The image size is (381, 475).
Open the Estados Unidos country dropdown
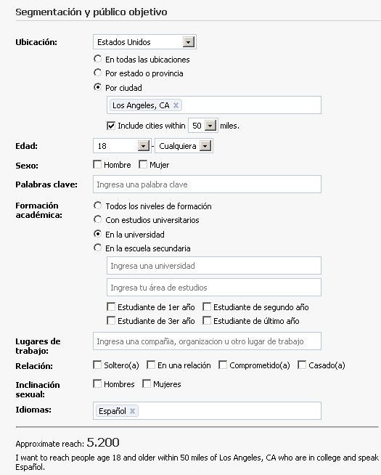pos(189,42)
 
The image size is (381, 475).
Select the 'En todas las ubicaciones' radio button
pos(98,59)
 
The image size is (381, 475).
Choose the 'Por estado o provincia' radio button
pos(98,73)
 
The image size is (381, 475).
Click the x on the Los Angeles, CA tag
pos(176,105)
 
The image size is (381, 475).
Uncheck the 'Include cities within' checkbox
pos(110,125)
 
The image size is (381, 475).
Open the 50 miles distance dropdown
pos(210,126)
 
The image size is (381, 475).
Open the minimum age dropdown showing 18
pos(143,146)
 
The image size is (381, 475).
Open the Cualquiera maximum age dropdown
pos(205,146)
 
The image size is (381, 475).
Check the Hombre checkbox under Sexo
pos(98,165)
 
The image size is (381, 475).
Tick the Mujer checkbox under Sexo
pos(143,165)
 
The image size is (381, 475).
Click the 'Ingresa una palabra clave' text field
pos(207,184)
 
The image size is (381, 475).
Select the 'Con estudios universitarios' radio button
pos(98,219)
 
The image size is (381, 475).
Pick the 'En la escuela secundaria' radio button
pos(98,248)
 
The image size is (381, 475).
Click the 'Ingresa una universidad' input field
pos(213,267)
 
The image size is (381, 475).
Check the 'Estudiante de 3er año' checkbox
pos(111,320)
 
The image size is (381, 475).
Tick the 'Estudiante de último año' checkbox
pos(207,320)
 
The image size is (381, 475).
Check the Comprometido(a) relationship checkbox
pos(223,365)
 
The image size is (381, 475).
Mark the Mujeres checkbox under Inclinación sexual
pos(146,383)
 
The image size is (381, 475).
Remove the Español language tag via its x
pos(132,411)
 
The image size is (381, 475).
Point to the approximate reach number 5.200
pos(102,442)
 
